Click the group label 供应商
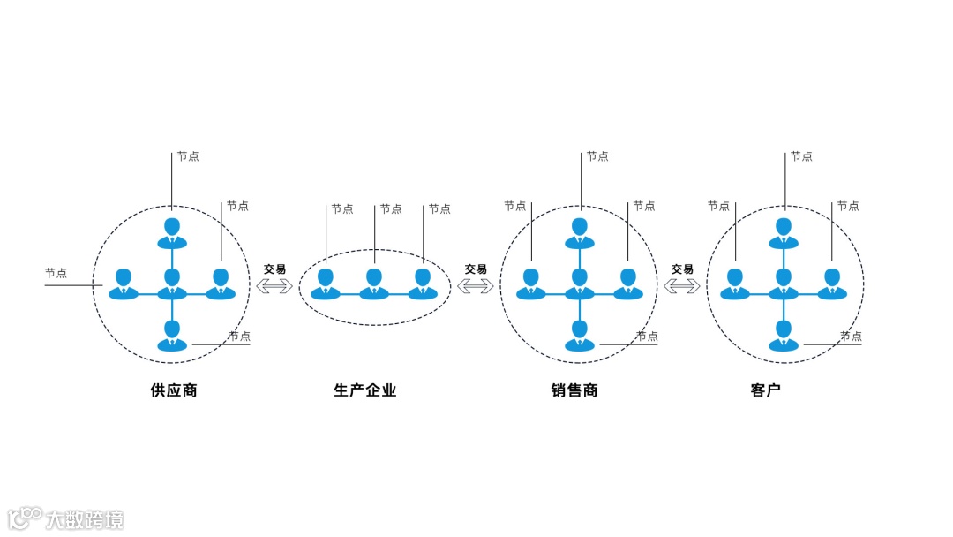click(174, 390)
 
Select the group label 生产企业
click(365, 390)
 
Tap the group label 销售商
click(574, 390)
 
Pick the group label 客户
click(766, 390)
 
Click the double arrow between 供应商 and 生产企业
click(274, 285)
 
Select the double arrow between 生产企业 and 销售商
click(476, 285)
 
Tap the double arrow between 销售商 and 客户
click(682, 285)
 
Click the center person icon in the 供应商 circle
click(172, 284)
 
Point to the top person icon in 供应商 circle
click(172, 232)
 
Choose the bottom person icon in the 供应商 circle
click(172, 337)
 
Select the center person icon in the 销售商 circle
click(579, 284)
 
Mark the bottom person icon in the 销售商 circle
click(579, 337)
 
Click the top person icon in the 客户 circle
click(783, 232)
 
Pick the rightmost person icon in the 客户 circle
click(831, 284)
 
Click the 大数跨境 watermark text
click(85, 519)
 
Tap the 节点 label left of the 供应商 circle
click(56, 273)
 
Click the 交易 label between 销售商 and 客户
click(682, 268)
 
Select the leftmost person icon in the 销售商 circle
click(530, 284)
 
